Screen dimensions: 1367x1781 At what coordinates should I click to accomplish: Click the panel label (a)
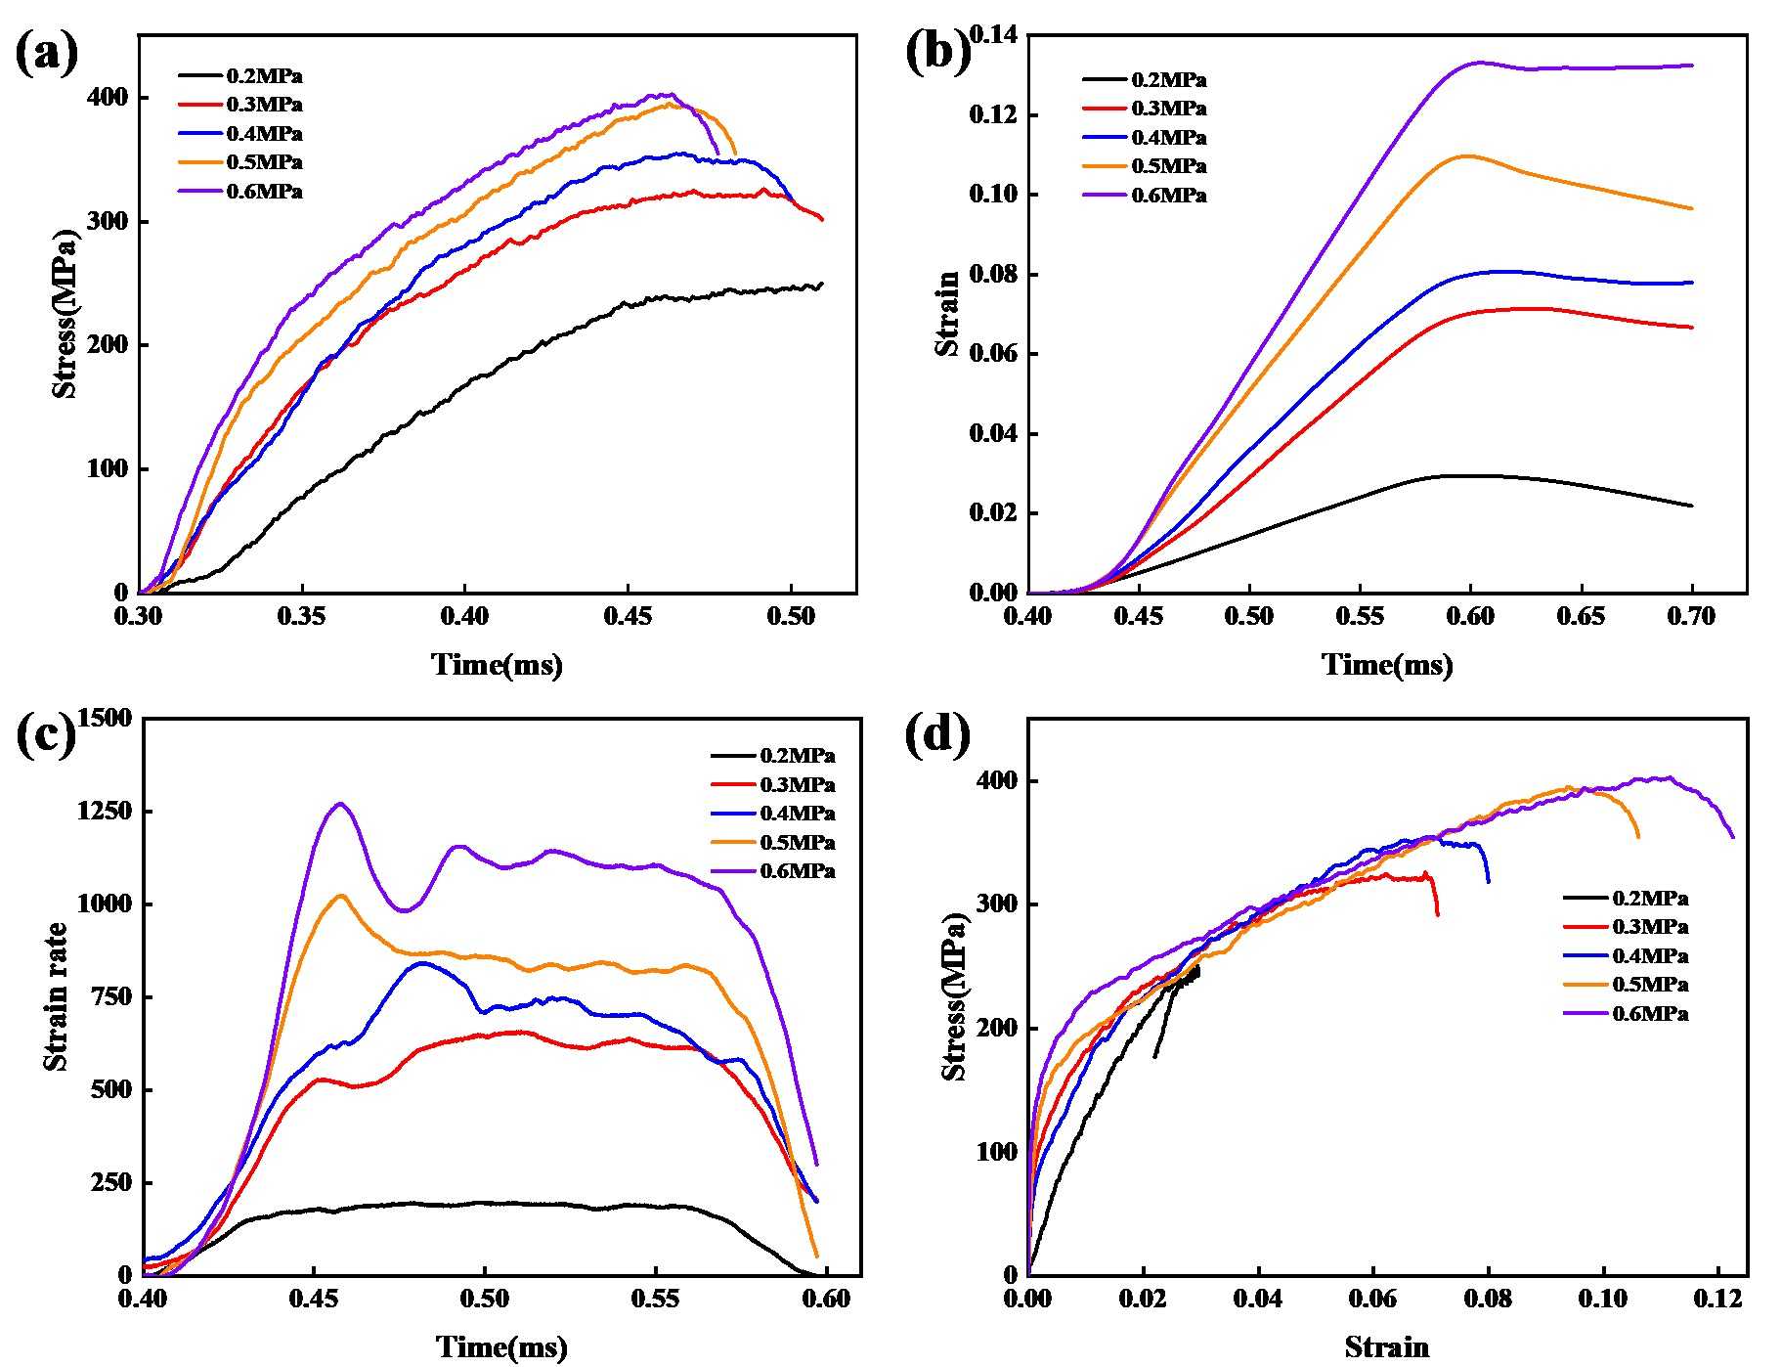[x=47, y=53]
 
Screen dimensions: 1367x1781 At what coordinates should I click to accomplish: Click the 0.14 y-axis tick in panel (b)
[x=994, y=36]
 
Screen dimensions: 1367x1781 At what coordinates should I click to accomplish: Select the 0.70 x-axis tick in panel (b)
[x=1691, y=618]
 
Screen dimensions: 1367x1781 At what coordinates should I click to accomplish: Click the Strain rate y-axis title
[x=56, y=995]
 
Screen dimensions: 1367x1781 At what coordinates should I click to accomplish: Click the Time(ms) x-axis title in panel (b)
[x=1387, y=666]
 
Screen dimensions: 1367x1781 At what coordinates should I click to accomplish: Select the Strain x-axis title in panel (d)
[x=1386, y=1347]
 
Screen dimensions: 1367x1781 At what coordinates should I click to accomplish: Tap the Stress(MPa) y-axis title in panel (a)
[x=65, y=314]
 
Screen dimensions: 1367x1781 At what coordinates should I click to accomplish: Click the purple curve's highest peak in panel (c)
[x=340, y=804]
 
